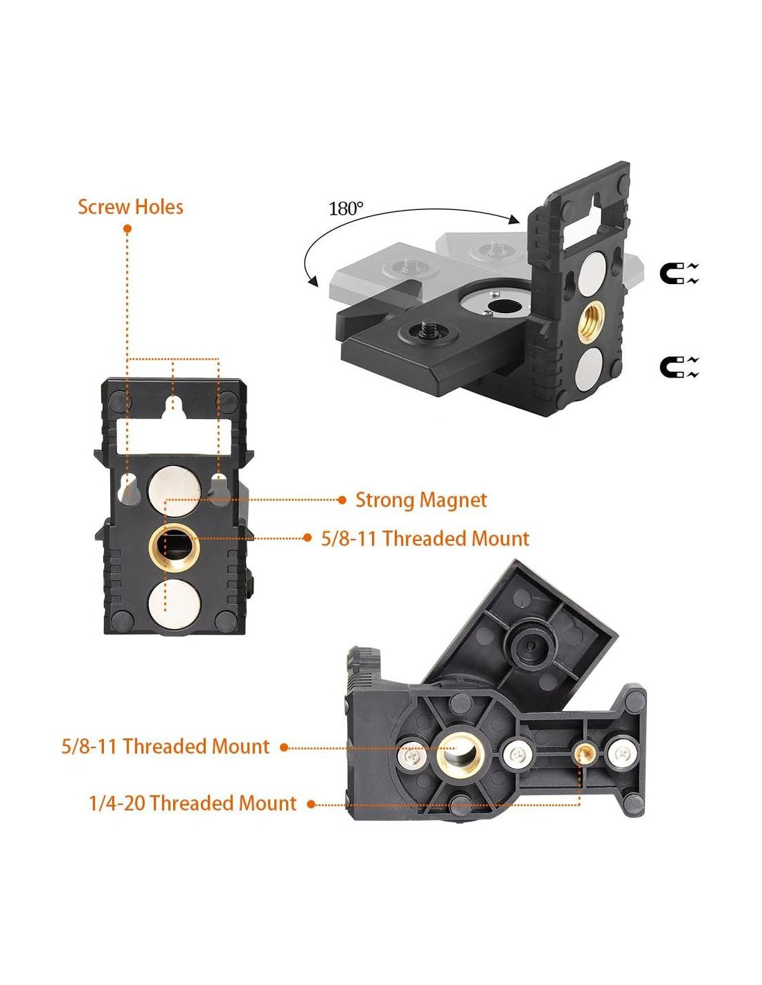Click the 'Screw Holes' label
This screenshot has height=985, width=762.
tap(130, 207)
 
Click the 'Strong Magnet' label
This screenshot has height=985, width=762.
tap(420, 500)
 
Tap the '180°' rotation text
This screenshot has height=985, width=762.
tap(346, 208)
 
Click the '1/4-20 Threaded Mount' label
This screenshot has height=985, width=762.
tap(193, 804)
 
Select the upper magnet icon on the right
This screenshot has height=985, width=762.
tap(679, 274)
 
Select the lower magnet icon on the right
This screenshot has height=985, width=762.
tap(679, 367)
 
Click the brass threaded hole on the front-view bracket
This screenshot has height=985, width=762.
tap(174, 546)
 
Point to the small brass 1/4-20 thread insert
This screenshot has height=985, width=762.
tap(581, 752)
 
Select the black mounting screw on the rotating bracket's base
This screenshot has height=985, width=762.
tap(424, 330)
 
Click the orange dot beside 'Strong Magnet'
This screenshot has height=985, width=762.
tap(342, 500)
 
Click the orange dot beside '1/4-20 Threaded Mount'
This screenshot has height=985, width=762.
tap(311, 804)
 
